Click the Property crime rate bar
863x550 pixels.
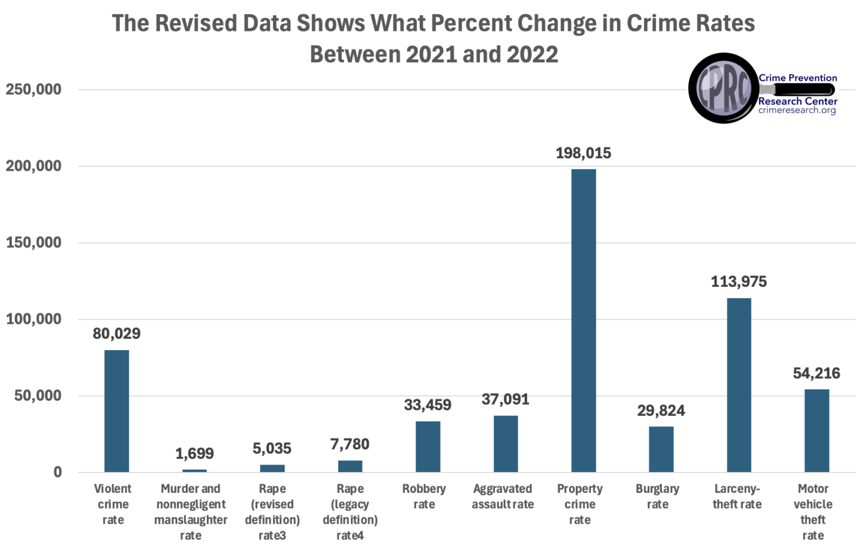pos(583,320)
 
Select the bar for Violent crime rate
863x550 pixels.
pos(116,411)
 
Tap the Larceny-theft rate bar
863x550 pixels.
pos(738,385)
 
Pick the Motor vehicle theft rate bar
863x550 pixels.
pos(816,430)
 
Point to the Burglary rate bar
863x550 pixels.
pos(661,449)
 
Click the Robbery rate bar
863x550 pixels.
pos(428,447)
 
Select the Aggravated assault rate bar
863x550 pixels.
pos(506,444)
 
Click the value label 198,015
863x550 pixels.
pos(583,153)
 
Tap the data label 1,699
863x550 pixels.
pos(194,453)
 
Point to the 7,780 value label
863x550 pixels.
pos(349,444)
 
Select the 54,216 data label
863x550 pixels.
pos(816,373)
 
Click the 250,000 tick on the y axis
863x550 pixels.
pos(34,89)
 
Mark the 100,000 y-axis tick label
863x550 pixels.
pos(34,319)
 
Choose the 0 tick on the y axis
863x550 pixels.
pos(58,473)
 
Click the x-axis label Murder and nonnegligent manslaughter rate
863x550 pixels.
pos(190,512)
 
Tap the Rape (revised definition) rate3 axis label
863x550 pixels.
pos(272,512)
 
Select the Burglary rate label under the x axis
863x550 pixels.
pos(657,497)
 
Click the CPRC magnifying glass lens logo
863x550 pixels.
pos(723,88)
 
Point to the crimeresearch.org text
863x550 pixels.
pos(797,111)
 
